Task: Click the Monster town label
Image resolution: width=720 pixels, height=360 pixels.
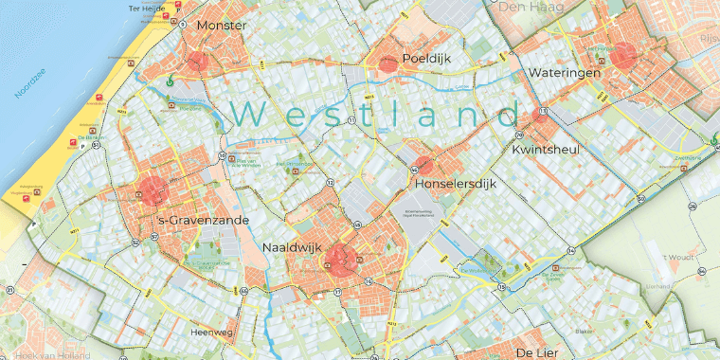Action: coord(221,26)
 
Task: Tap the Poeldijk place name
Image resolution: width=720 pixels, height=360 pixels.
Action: coord(425,58)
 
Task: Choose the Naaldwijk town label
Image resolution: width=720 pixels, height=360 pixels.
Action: coord(292,247)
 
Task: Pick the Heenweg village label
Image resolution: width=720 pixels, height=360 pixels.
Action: coord(211,333)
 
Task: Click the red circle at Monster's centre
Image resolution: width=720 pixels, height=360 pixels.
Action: coord(197,63)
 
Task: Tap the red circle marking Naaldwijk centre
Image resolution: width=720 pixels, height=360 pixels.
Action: coord(338,258)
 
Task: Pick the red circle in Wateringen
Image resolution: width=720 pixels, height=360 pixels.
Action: coord(622,55)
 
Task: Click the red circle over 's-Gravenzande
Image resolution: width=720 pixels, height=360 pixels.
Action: coord(153,189)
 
